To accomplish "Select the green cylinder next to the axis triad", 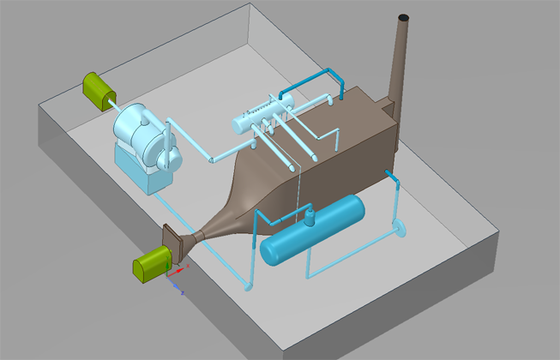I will (x=148, y=263).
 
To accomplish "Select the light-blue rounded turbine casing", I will (x=135, y=129).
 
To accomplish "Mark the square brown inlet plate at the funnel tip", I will (x=175, y=242).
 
